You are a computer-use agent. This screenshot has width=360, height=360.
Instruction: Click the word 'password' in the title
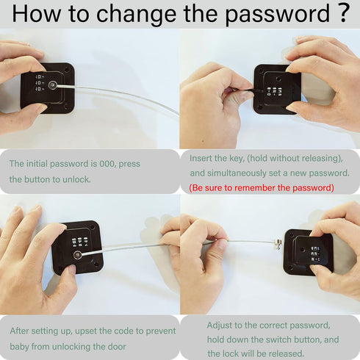pos(277,14)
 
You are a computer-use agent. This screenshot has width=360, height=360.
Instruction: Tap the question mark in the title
pos(342,12)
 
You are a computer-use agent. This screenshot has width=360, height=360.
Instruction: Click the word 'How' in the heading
pos(36,12)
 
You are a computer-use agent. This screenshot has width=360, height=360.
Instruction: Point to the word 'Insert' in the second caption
pos(201,158)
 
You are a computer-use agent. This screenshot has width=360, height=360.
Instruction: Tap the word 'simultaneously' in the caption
pos(237,173)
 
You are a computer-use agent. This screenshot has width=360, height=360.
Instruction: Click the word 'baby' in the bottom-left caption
pos(19,347)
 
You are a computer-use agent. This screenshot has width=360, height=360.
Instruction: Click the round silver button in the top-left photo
pos(52,85)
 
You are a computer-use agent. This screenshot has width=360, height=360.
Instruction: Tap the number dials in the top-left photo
pos(40,83)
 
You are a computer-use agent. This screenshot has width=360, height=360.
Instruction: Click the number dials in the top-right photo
pos(274,91)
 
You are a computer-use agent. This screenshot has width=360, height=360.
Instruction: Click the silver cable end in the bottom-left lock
pos(78,255)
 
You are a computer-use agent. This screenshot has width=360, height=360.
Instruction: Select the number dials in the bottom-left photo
pos(79,242)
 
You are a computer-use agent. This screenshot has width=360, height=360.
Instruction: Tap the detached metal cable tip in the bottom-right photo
pos(278,244)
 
